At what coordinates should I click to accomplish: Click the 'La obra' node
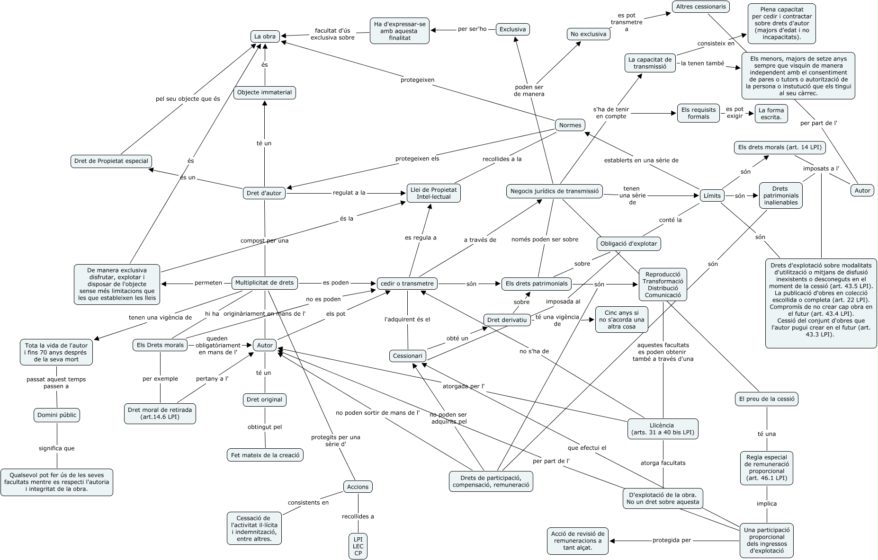click(264, 36)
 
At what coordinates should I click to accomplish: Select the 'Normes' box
click(570, 125)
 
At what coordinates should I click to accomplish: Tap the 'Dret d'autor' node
click(264, 193)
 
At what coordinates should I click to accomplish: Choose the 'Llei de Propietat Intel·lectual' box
click(433, 193)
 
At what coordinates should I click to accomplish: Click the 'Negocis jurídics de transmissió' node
click(555, 191)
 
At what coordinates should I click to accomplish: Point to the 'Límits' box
click(712, 196)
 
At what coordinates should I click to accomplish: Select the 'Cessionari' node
click(407, 356)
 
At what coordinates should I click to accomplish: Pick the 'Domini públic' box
click(57, 415)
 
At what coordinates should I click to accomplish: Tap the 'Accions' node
click(358, 486)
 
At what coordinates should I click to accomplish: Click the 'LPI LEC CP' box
click(358, 546)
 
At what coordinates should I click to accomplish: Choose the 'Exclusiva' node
click(512, 29)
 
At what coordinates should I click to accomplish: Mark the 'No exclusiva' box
click(588, 34)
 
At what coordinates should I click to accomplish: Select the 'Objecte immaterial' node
click(264, 92)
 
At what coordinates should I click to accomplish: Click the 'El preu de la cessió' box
click(767, 399)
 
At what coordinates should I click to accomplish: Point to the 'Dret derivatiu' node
click(507, 320)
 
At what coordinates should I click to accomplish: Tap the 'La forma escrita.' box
click(771, 114)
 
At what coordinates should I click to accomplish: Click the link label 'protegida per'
click(672, 540)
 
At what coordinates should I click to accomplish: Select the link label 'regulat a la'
click(349, 193)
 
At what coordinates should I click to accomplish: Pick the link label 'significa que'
click(56, 448)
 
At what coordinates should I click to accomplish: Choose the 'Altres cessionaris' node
click(701, 7)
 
